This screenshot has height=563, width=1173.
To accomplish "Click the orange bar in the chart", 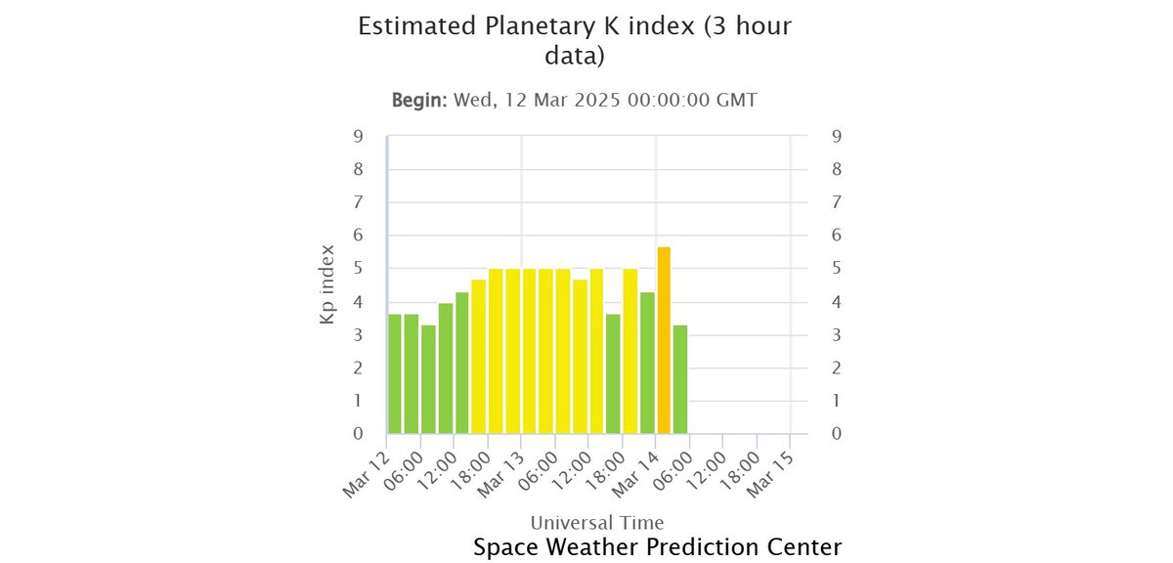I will pyautogui.click(x=664, y=340).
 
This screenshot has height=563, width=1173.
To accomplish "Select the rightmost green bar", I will pyautogui.click(x=680, y=379).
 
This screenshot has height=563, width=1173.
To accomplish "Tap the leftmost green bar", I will pyautogui.click(x=395, y=373).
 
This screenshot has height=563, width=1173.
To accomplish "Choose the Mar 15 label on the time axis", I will pyautogui.click(x=768, y=476).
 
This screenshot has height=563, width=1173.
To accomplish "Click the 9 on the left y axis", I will pyautogui.click(x=359, y=137).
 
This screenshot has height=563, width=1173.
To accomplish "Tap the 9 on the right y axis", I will pyautogui.click(x=836, y=137).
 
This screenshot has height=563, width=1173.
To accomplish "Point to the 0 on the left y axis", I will pyautogui.click(x=359, y=434).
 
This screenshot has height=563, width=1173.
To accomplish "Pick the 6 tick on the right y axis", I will pyautogui.click(x=836, y=236).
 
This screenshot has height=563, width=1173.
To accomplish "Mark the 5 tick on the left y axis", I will pyautogui.click(x=359, y=269).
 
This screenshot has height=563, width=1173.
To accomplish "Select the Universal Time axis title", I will pyautogui.click(x=596, y=522).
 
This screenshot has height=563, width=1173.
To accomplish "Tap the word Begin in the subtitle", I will pyautogui.click(x=417, y=101).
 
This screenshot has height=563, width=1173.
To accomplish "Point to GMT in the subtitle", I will pyautogui.click(x=733, y=101).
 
